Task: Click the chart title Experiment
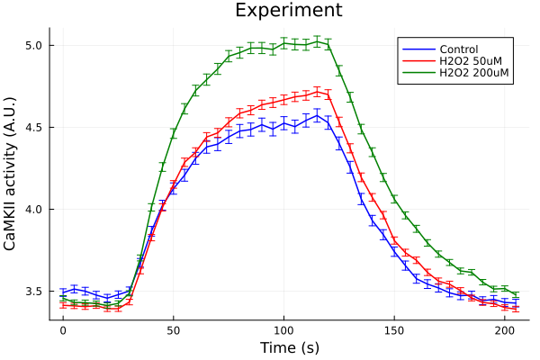[x=288, y=11]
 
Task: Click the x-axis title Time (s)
[x=289, y=347]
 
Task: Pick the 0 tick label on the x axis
[x=63, y=330]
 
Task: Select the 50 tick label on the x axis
[x=173, y=330]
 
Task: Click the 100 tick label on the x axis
[x=283, y=330]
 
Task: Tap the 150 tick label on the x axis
[x=394, y=330]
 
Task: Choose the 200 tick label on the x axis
[x=504, y=330]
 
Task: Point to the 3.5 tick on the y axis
[x=32, y=292]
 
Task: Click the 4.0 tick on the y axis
[x=32, y=210]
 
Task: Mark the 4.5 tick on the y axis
[x=32, y=127]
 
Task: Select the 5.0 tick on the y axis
[x=32, y=45]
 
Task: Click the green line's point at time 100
[x=283, y=42]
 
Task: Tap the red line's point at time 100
[x=283, y=97]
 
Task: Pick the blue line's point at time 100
[x=283, y=123]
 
